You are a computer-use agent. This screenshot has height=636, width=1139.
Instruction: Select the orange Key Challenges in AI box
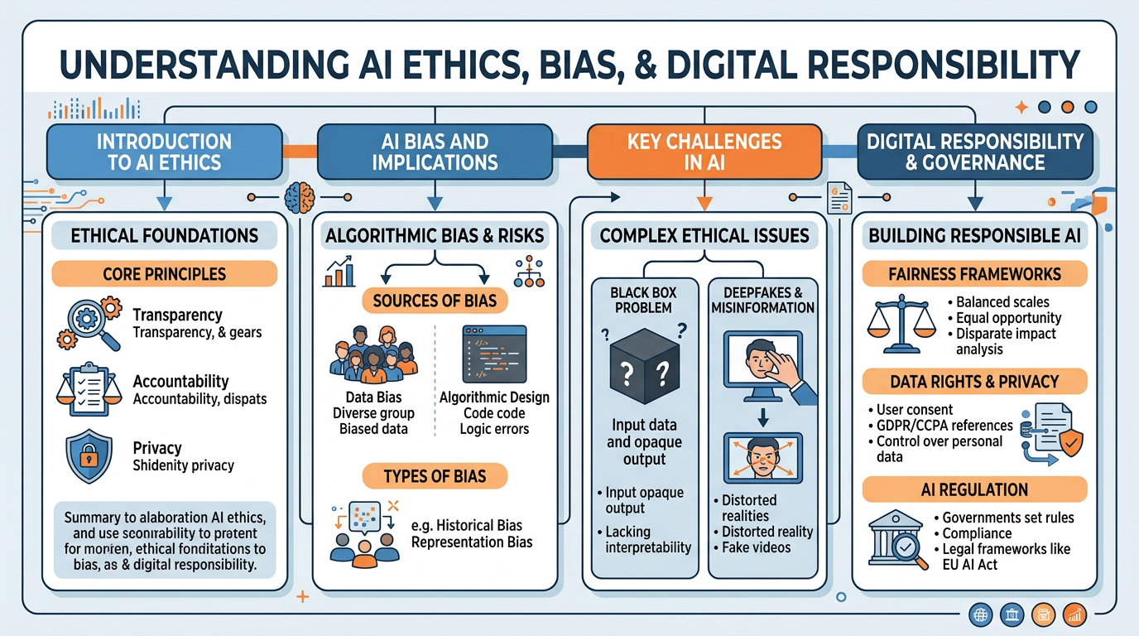tap(704, 152)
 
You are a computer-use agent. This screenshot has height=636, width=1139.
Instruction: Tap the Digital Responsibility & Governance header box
tap(974, 152)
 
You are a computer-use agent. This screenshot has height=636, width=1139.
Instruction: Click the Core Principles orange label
tap(164, 274)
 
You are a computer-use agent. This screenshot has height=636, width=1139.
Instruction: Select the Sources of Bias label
tap(435, 300)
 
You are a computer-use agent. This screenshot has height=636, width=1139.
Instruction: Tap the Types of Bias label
tap(435, 476)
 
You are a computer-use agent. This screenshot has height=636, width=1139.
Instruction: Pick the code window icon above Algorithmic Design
tap(494, 354)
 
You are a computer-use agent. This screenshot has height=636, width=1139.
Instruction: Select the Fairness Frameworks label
tap(973, 273)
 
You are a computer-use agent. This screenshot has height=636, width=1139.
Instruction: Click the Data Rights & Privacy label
tap(973, 382)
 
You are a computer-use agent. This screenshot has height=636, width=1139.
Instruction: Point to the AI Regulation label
tap(973, 489)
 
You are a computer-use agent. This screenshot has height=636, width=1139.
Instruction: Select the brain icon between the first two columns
tap(299, 199)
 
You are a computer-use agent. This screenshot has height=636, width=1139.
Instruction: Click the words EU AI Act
tap(970, 565)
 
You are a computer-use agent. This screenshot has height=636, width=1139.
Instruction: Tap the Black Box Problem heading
tap(642, 300)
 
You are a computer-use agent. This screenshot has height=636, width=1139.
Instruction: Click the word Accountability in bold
tap(180, 382)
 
